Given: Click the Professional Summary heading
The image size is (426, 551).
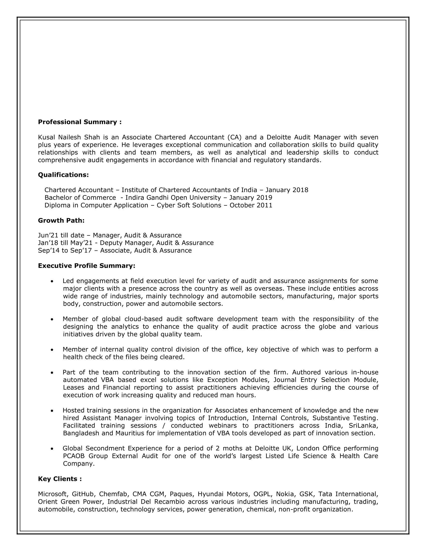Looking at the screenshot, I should tap(80, 122).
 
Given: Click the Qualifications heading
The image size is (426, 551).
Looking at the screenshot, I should tap(63, 175).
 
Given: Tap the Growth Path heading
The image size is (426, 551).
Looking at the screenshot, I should tap(61, 220).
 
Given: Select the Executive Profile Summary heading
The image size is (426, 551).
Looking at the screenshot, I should tap(86, 266).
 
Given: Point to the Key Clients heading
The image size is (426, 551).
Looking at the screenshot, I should tap(60, 479).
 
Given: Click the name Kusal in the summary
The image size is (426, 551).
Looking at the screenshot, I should tap(46, 137).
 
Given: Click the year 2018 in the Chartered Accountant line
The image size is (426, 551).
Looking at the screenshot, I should tap(300, 190).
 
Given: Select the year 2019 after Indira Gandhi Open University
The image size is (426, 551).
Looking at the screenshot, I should tap(264, 198).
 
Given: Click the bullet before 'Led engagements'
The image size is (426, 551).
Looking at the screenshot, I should tap(52, 281).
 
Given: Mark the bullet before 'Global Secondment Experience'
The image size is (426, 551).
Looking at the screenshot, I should tap(52, 449).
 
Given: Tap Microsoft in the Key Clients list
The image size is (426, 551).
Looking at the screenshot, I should tap(52, 494).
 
